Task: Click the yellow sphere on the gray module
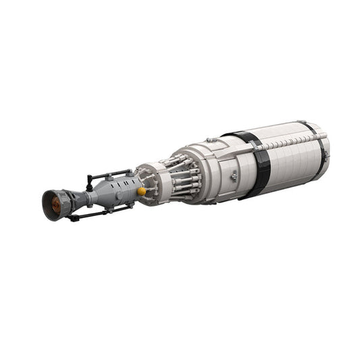click(x=141, y=191)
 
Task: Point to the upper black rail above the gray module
click(x=111, y=174)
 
